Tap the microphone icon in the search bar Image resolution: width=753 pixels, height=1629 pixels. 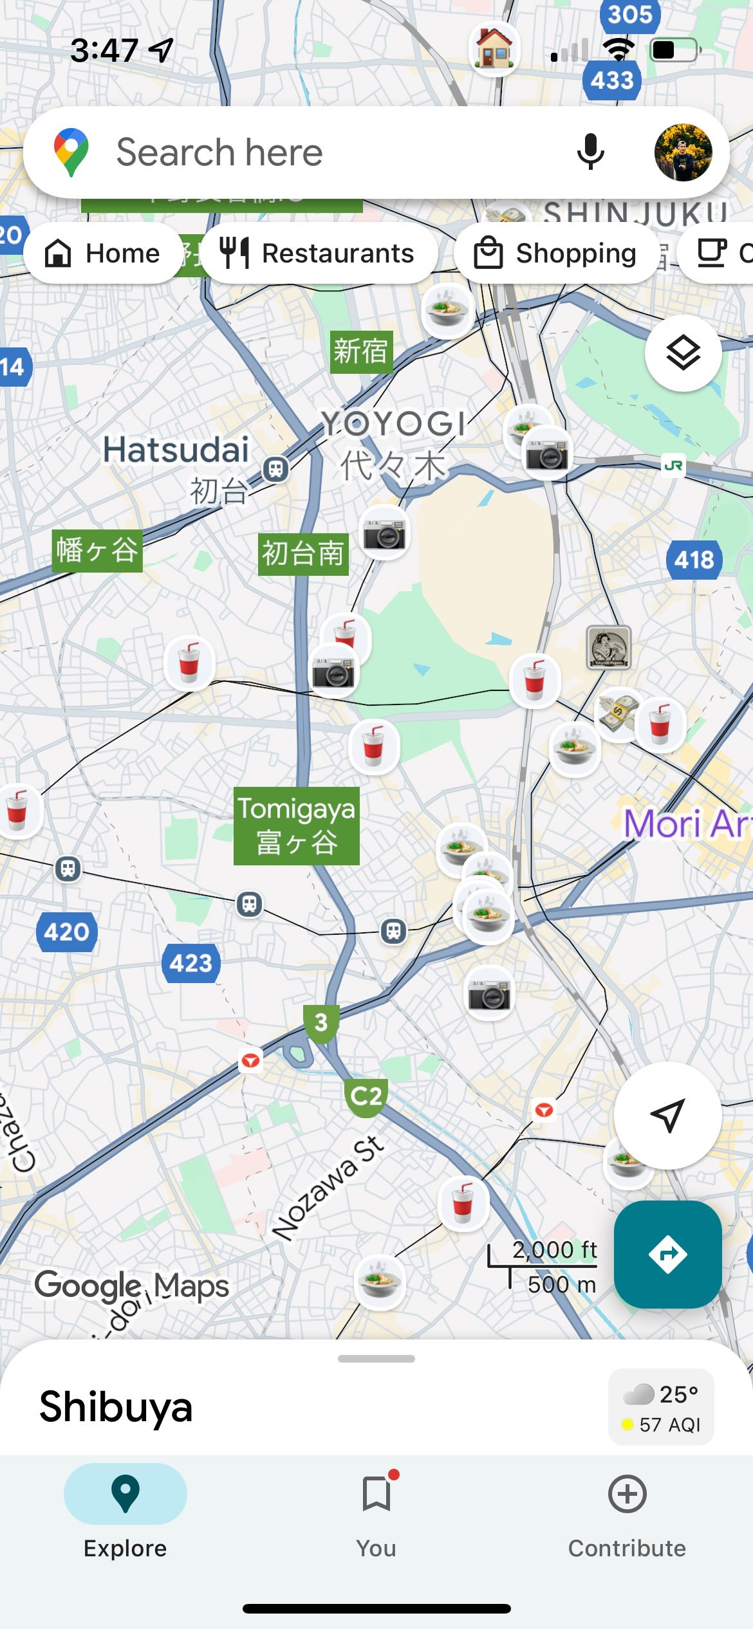(590, 152)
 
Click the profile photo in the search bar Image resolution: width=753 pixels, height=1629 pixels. (683, 152)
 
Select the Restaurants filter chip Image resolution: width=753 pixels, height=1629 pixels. (318, 253)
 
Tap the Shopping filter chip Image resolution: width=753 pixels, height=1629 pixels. (555, 253)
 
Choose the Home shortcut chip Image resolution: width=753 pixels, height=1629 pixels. (103, 253)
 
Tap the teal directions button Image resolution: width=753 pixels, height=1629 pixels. (667, 1254)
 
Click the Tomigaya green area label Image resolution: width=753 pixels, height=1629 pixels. (296, 825)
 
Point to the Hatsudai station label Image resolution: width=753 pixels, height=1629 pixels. (176, 450)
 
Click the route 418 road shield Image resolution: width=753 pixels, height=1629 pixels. (694, 560)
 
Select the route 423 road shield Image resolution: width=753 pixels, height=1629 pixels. (191, 963)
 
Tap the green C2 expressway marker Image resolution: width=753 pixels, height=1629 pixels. (366, 1096)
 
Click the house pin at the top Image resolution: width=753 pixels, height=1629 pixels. (494, 48)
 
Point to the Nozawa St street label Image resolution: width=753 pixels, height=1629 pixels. (328, 1187)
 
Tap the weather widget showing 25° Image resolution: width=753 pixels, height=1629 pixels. (661, 1407)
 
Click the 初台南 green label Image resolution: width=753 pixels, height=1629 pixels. (303, 554)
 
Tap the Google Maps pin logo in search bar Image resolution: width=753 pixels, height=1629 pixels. (71, 152)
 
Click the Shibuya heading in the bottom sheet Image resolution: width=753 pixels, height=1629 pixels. (116, 1407)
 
